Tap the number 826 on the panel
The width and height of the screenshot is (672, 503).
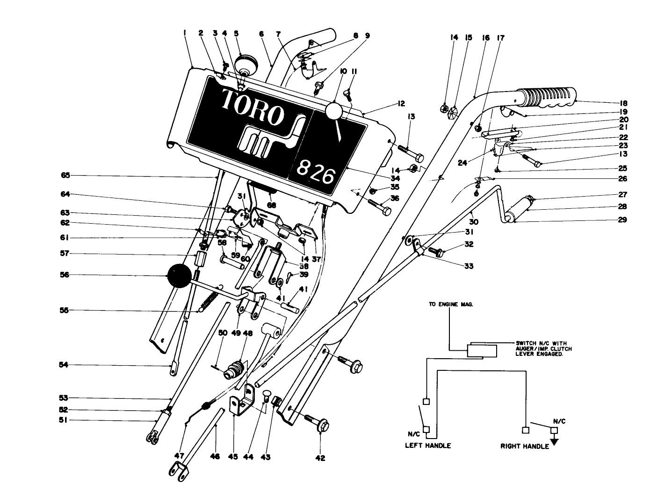317,174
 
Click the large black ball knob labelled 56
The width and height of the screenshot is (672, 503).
179,276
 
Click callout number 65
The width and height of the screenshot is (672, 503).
65,176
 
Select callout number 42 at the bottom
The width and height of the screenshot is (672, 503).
320,458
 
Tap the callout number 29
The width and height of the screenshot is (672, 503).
622,220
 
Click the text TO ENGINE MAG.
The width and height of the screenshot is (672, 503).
451,304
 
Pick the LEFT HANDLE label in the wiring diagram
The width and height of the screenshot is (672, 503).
427,446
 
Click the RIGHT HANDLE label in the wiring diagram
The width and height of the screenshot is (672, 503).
524,446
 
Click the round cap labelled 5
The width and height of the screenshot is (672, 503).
246,63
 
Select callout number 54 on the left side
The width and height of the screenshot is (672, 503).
63,365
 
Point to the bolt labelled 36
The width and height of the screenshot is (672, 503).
380,207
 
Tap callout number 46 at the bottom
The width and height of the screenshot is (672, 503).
216,457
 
